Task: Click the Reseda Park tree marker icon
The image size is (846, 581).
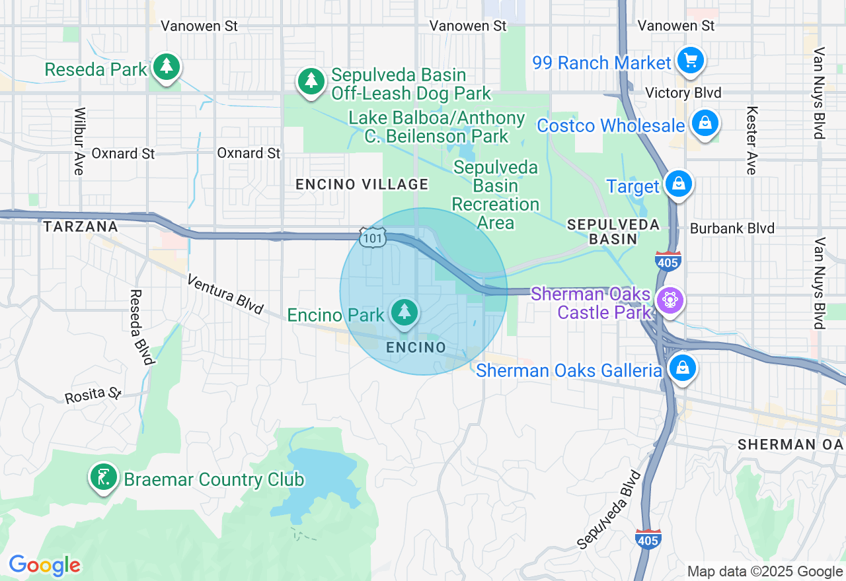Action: pos(166,67)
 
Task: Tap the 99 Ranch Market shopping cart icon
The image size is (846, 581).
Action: pos(691,61)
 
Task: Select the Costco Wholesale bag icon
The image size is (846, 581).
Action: pos(705,123)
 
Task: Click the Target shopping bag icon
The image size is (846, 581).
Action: pos(678,184)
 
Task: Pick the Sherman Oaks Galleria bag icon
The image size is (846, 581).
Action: pos(682,368)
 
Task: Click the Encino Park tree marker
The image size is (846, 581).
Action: pos(404,312)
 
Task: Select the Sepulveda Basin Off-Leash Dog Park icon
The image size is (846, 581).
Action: pos(311,81)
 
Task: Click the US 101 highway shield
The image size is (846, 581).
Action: pos(373,238)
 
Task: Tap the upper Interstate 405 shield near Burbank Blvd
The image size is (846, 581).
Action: pos(669,261)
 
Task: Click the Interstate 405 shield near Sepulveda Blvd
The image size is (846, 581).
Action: pos(648,538)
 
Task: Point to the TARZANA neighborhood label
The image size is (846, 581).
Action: pos(81,226)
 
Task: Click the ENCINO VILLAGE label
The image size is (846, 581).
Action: pos(362,184)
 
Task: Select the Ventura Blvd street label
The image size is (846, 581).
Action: pos(225,294)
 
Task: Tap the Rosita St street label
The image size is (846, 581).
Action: pos(93,395)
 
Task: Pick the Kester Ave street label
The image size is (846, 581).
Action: pos(751,141)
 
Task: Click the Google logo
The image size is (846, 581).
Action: pos(44,565)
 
